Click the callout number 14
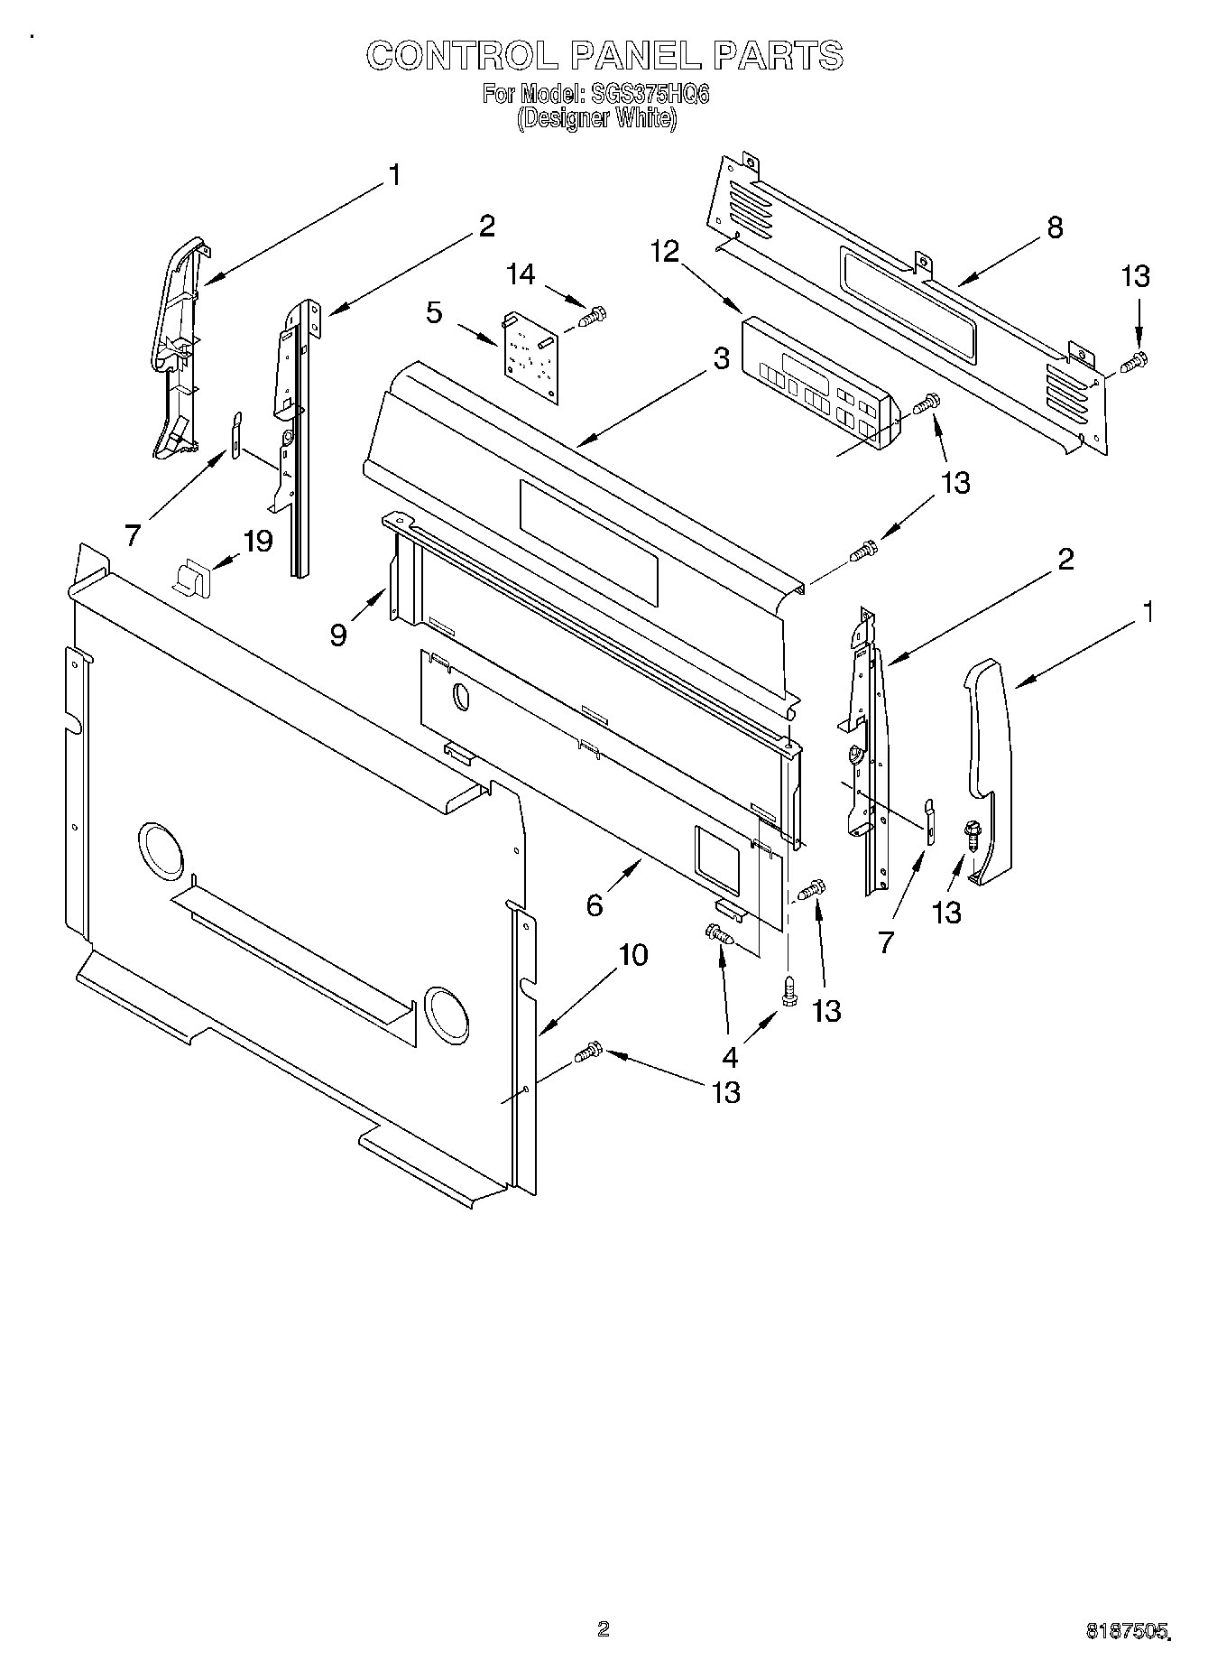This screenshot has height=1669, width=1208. pyautogui.click(x=520, y=274)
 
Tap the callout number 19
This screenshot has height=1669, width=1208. pyautogui.click(x=257, y=542)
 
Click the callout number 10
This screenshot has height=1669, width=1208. pyautogui.click(x=633, y=954)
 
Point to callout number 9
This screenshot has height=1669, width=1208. pyautogui.click(x=338, y=635)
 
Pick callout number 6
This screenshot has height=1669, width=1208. pyautogui.click(x=595, y=904)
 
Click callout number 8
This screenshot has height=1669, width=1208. pyautogui.click(x=1054, y=227)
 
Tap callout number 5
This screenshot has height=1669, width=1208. pyautogui.click(x=435, y=313)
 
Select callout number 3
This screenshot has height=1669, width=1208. pyautogui.click(x=721, y=359)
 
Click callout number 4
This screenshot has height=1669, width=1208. pyautogui.click(x=729, y=1056)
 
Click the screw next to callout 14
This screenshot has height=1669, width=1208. pyautogui.click(x=592, y=316)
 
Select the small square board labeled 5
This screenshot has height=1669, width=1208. pyautogui.click(x=530, y=357)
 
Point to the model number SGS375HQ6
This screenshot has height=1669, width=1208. pyautogui.click(x=647, y=95)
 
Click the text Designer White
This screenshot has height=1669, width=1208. pyautogui.click(x=595, y=119)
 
